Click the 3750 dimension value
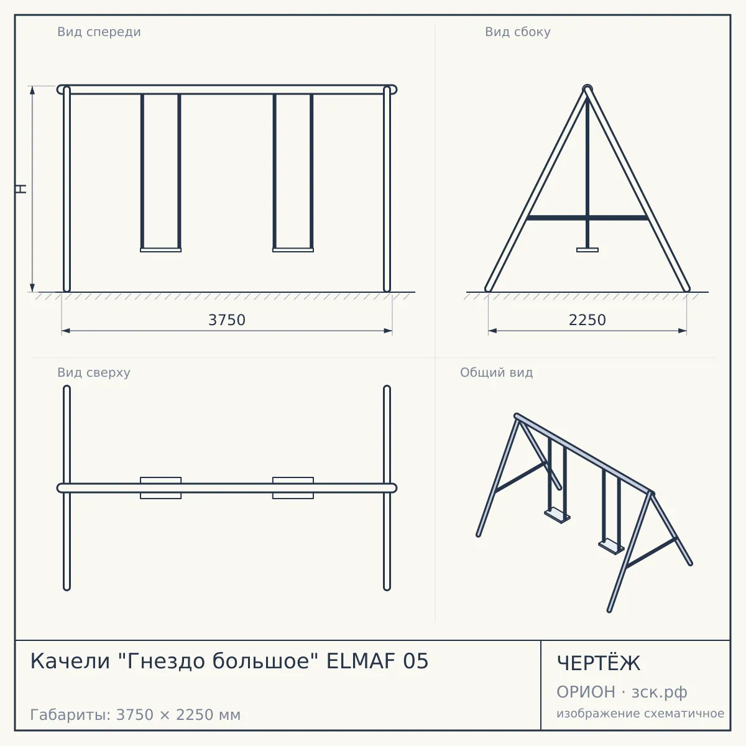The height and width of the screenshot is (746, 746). point(227,320)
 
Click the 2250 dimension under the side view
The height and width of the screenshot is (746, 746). point(587,320)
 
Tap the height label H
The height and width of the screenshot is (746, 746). point(22,189)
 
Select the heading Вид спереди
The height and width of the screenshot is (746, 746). point(99,32)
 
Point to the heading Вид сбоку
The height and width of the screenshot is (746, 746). point(518,32)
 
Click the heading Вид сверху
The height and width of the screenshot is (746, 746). point(94,372)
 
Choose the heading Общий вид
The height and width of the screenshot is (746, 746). point(496,372)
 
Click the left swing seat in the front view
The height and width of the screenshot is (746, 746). point(160,250)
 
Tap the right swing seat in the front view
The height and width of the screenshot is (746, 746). point(293,250)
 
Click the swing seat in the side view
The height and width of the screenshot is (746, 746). point(587,250)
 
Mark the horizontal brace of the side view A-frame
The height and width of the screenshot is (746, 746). point(587,218)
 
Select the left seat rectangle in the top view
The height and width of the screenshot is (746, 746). point(160,488)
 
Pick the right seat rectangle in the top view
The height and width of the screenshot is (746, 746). point(293,488)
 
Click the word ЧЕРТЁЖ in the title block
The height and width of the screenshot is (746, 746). point(599,663)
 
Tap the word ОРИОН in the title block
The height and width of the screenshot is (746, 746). point(586,692)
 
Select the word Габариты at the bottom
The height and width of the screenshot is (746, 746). point(71,715)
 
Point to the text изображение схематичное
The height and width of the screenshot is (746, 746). point(640,714)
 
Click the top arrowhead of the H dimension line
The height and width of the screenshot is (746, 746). point(32,90)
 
